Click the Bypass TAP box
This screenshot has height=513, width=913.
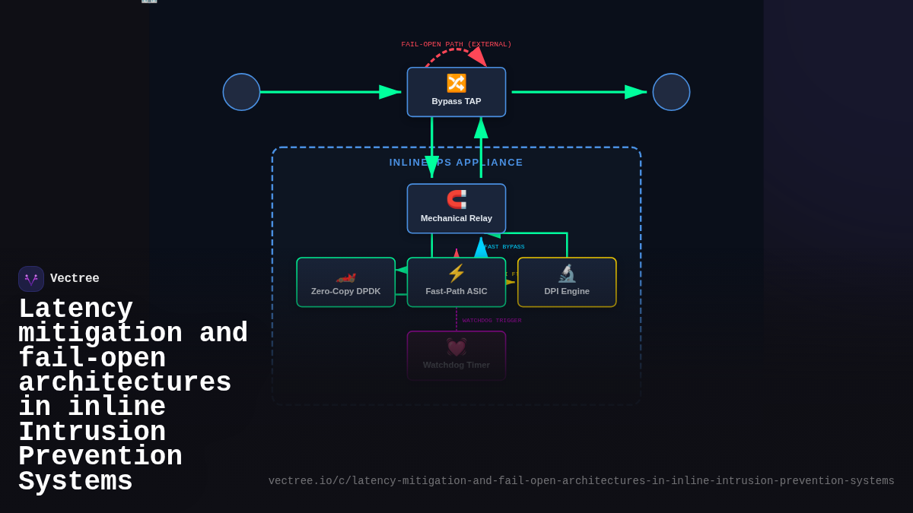456,92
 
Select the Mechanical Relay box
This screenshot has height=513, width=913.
456,208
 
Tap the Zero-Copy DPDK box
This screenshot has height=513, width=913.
345,282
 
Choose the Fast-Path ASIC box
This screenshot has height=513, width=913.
456,282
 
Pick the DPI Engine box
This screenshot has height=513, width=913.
567,282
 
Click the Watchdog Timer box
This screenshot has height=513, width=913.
456,355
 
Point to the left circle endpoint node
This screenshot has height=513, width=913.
241,92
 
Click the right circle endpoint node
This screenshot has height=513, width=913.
671,92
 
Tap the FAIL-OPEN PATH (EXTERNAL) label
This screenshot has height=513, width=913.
456,44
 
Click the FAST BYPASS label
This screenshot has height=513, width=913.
504,246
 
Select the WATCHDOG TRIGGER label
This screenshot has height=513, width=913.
491,320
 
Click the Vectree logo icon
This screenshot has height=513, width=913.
31,279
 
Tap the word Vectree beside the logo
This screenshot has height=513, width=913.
75,279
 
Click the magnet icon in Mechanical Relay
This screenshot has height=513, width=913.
456,199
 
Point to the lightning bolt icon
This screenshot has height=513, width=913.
456,273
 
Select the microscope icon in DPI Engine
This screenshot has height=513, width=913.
567,273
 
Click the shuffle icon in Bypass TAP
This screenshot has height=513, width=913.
456,83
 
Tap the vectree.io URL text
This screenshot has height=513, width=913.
581,481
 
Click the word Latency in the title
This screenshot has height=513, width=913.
75,309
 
